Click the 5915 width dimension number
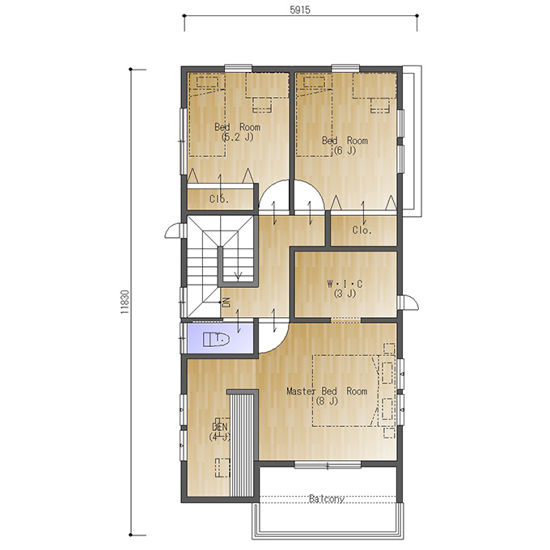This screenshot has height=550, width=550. click(x=300, y=10)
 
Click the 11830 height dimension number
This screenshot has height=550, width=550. click(x=125, y=302)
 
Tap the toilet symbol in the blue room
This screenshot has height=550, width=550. click(x=216, y=339)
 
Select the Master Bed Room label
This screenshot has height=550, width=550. click(x=327, y=391)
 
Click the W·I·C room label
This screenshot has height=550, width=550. click(x=345, y=284)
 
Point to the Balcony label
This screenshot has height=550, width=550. click(x=327, y=498)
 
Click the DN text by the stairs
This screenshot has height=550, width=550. click(x=226, y=302)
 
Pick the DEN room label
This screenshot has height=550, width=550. click(x=220, y=427)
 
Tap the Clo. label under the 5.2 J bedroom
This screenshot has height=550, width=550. click(x=219, y=199)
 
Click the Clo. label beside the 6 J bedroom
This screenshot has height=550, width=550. click(x=362, y=230)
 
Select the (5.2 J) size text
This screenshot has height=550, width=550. click(x=238, y=137)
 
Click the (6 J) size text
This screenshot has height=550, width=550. click(x=345, y=150)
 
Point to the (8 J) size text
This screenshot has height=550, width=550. click(x=327, y=400)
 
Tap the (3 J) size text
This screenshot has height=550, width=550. click(x=345, y=294)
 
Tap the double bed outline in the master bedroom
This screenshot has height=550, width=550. click(x=345, y=391)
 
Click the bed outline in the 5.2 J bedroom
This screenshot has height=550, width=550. click(x=206, y=115)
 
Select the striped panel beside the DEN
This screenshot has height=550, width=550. click(x=241, y=445)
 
